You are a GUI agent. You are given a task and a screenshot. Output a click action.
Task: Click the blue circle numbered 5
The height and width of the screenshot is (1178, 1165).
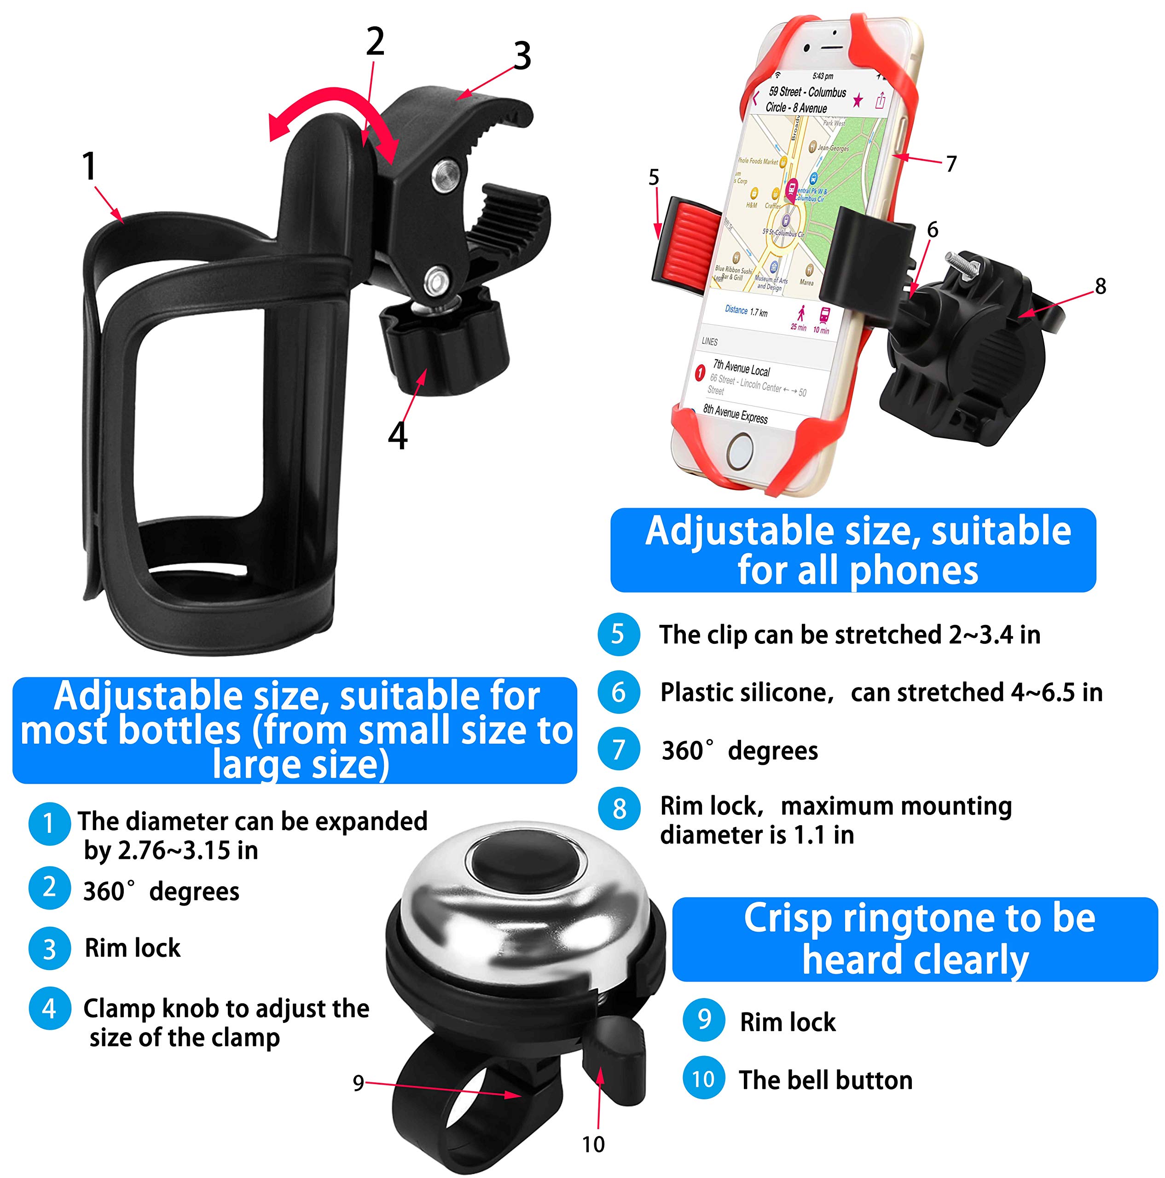(x=618, y=634)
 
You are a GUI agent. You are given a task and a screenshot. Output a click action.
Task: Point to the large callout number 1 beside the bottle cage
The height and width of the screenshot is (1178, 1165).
(x=90, y=167)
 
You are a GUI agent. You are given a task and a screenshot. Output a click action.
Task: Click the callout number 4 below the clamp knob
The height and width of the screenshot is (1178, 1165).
(x=398, y=435)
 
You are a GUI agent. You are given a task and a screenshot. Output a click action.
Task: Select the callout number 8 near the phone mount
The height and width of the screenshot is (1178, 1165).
(x=1100, y=286)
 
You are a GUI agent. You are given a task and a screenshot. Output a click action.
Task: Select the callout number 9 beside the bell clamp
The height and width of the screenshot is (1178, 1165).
(x=359, y=1083)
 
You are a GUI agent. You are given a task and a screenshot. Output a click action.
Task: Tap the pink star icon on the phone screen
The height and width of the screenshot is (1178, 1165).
(x=858, y=100)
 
